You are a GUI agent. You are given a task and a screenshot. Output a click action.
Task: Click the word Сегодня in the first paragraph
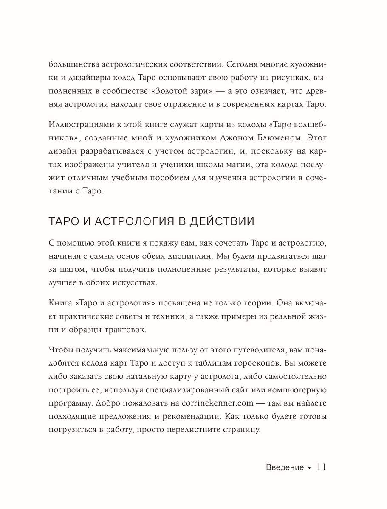[239, 64]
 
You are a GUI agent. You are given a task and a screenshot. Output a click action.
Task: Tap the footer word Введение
[285, 467]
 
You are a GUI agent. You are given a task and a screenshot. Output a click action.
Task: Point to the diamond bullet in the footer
[309, 468]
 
